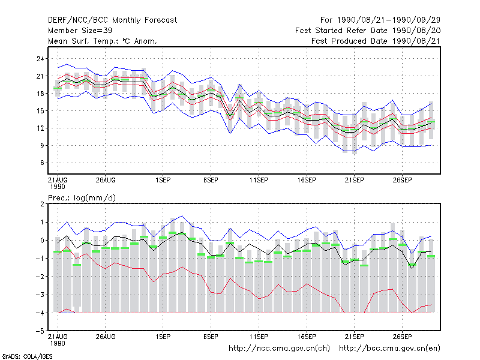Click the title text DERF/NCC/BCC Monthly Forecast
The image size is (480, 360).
click(x=112, y=20)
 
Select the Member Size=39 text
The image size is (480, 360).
click(x=80, y=31)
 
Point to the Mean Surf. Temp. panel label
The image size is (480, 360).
click(x=102, y=41)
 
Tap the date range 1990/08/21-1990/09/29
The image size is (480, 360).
click(x=389, y=20)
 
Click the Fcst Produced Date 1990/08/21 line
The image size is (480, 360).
click(x=376, y=41)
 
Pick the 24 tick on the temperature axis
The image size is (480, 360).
click(x=40, y=59)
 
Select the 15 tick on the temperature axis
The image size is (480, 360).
click(x=40, y=111)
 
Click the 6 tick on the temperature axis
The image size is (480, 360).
click(x=42, y=163)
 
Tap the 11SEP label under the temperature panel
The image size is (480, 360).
click(x=259, y=180)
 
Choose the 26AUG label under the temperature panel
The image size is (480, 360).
click(x=106, y=180)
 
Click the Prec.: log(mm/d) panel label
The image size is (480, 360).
click(x=82, y=198)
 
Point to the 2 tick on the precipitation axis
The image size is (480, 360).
click(x=42, y=204)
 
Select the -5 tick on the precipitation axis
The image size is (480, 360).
click(x=40, y=331)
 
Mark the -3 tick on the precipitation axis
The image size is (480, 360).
click(x=40, y=295)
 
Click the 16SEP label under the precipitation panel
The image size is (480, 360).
click(x=307, y=337)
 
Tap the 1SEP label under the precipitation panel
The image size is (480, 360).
click(x=163, y=337)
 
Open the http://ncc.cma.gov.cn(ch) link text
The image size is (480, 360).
click(x=280, y=349)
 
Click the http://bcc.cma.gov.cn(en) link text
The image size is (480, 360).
click(x=389, y=349)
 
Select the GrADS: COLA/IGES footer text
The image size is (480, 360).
click(x=27, y=356)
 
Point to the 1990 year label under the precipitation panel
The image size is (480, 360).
click(x=58, y=343)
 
